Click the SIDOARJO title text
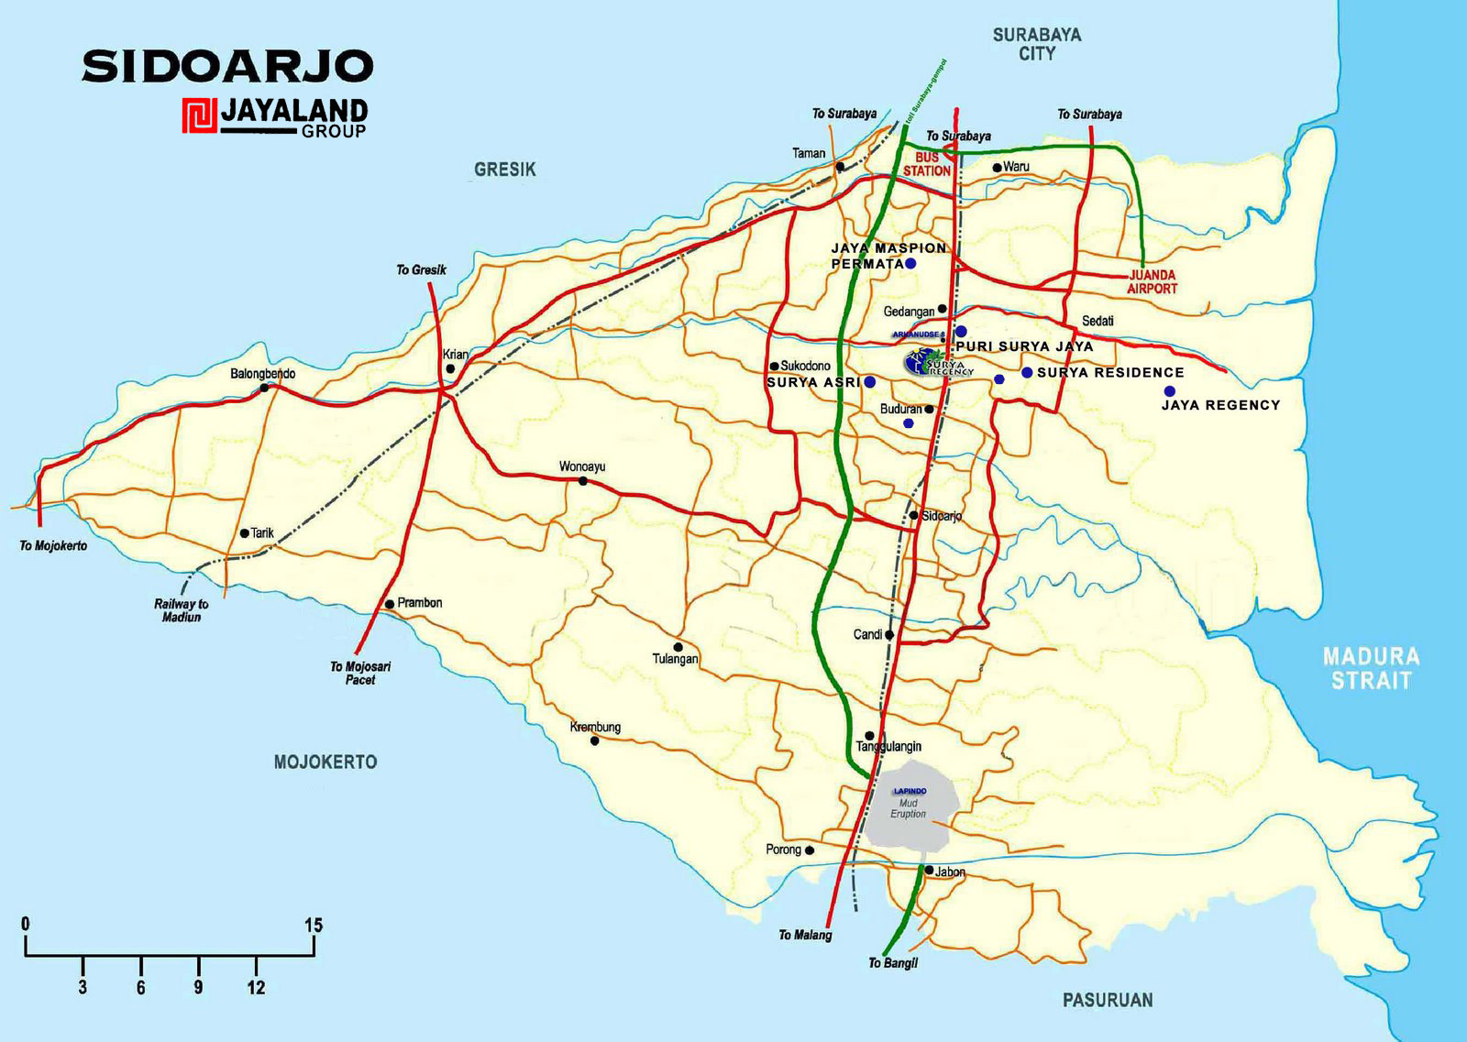pyautogui.click(x=227, y=67)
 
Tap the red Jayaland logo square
pyautogui.click(x=199, y=116)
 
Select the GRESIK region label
pyautogui.click(x=504, y=170)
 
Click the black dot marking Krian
pyautogui.click(x=450, y=369)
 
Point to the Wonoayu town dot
pyautogui.click(x=582, y=480)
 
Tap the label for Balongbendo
pyautogui.click(x=262, y=374)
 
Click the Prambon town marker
pyautogui.click(x=390, y=604)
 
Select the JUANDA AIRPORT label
pyautogui.click(x=1152, y=281)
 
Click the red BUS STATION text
pyautogui.click(x=926, y=164)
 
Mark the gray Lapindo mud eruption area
pyautogui.click(x=911, y=804)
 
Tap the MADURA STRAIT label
pyautogui.click(x=1371, y=668)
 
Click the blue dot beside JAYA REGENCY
pyautogui.click(x=1169, y=391)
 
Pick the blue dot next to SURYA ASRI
pyautogui.click(x=869, y=381)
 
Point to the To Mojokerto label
pyautogui.click(x=53, y=546)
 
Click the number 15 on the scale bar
pyautogui.click(x=314, y=925)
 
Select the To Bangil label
pyautogui.click(x=892, y=963)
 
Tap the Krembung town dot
pyautogui.click(x=594, y=740)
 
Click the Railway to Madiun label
pyautogui.click(x=181, y=610)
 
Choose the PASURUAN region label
pyautogui.click(x=1107, y=1000)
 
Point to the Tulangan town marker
pyautogui.click(x=678, y=647)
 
